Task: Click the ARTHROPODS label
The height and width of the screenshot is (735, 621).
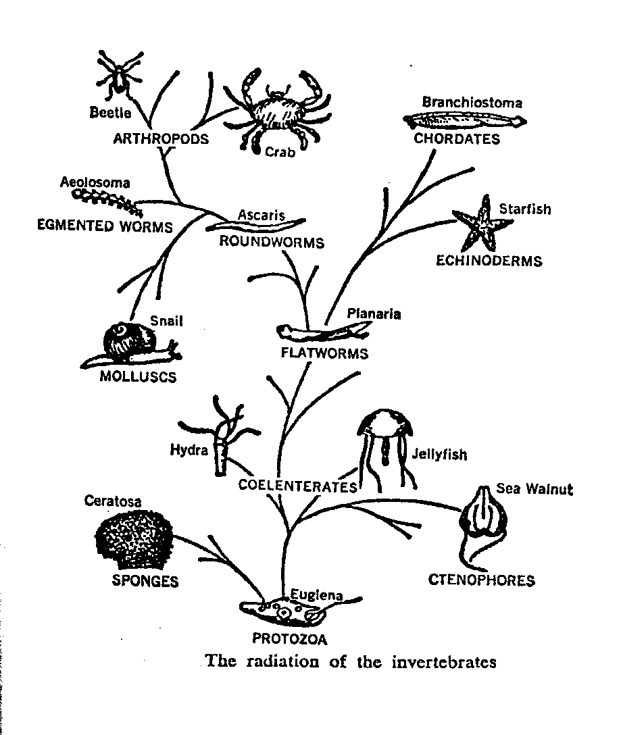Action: coord(160,139)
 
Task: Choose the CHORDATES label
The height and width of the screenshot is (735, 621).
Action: coord(457,139)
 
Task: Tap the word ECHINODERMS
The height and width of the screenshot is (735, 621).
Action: coord(489,261)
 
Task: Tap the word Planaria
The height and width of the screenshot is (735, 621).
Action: coord(374,313)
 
